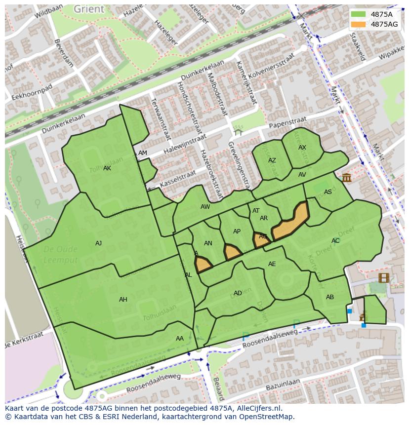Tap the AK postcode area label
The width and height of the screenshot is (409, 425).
(107, 168)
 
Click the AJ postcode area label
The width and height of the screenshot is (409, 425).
(98, 243)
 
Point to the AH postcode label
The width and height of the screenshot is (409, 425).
(123, 299)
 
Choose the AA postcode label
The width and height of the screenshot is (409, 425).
(179, 339)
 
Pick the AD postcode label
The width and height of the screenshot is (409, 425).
(238, 293)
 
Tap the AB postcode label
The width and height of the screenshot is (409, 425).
(330, 297)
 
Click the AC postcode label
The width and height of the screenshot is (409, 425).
(335, 241)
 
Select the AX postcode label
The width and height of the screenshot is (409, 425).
(302, 148)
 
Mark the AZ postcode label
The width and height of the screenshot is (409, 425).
(272, 160)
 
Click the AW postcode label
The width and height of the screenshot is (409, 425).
(205, 207)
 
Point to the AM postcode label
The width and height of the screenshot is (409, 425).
(143, 153)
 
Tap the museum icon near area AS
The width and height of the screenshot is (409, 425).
(346, 177)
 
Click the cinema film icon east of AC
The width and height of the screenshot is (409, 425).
(384, 277)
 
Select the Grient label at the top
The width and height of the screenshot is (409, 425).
(89, 9)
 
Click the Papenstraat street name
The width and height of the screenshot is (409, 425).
(287, 122)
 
